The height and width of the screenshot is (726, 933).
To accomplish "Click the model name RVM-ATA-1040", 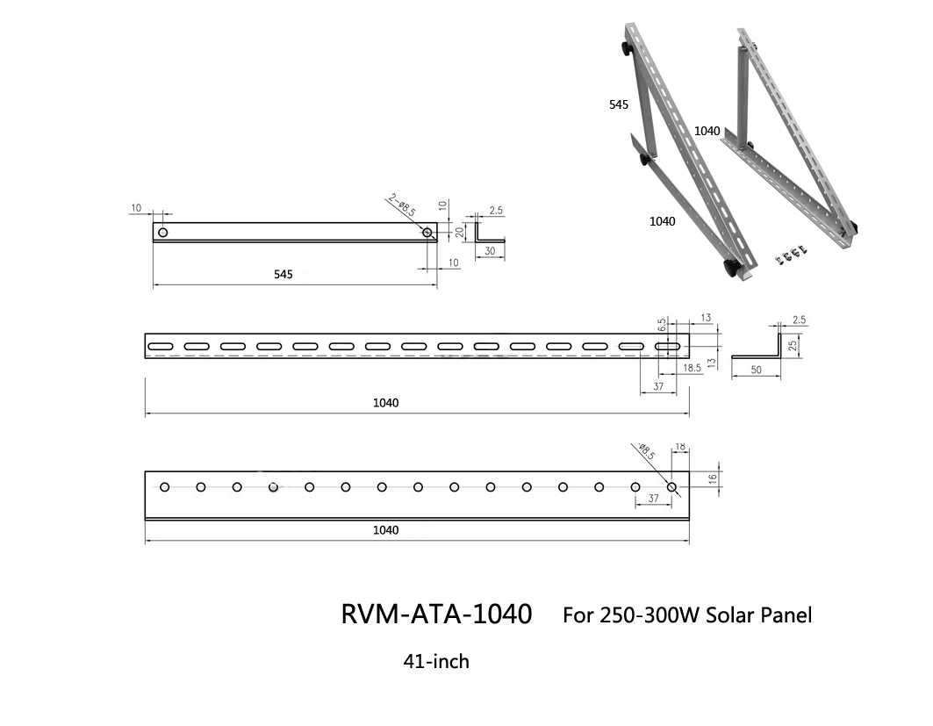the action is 436,615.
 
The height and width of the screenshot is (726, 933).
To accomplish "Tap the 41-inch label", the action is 436,661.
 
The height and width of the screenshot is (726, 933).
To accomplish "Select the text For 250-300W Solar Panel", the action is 687,615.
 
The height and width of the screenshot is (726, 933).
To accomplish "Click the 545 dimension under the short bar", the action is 283,275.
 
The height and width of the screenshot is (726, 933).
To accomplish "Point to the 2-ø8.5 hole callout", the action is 401,207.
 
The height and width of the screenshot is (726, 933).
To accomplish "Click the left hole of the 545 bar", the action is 162,232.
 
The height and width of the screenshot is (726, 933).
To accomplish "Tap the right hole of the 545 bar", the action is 427,233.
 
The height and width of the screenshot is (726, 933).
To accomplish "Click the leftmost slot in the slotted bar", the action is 161,348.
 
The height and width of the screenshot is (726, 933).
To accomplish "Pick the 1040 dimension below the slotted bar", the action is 385,403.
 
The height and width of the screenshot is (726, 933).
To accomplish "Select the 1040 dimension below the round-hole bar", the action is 385,530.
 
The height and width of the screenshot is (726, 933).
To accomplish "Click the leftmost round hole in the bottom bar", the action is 165,486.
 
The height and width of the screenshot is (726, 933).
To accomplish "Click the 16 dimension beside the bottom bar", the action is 713,478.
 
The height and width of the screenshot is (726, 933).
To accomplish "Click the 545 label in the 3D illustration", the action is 619,104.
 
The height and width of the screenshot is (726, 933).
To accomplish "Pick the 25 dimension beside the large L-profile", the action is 793,345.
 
